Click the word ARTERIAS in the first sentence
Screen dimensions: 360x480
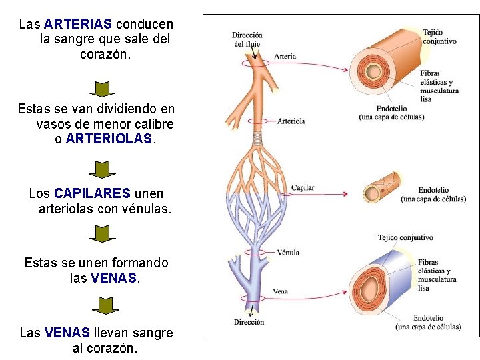coord(78,24)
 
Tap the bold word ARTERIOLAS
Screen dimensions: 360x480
coord(109,140)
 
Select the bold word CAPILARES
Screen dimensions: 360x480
coord(92,193)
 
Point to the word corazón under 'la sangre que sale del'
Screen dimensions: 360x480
coord(105,55)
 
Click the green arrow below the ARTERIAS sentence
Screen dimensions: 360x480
coord(102,89)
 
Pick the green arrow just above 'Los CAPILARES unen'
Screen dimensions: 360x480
coord(102,169)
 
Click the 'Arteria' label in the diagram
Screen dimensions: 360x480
coord(285,57)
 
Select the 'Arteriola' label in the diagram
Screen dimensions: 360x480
coord(291,121)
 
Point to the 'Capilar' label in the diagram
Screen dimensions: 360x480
coord(303,188)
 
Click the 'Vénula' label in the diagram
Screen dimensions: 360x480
coord(288,253)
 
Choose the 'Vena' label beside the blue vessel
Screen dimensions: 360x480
coord(281,291)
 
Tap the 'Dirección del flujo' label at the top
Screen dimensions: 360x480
coord(247,39)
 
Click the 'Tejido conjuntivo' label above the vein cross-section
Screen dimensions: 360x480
coord(405,237)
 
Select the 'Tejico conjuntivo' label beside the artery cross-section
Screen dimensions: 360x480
coord(439,37)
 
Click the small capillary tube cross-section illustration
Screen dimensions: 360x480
coord(383,189)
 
